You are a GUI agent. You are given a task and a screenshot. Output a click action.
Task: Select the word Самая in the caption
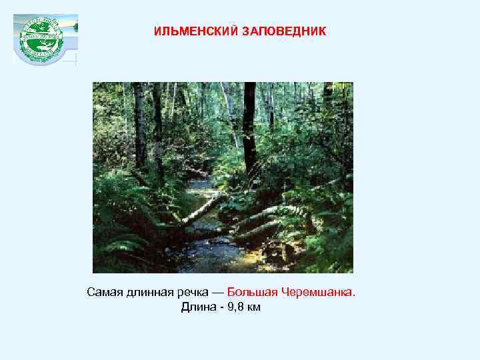103,293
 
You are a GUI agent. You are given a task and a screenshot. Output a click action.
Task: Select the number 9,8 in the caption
234,307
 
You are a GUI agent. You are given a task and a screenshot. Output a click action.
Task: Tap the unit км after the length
253,307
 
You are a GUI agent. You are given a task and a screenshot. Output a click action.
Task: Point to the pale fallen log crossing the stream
200,208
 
